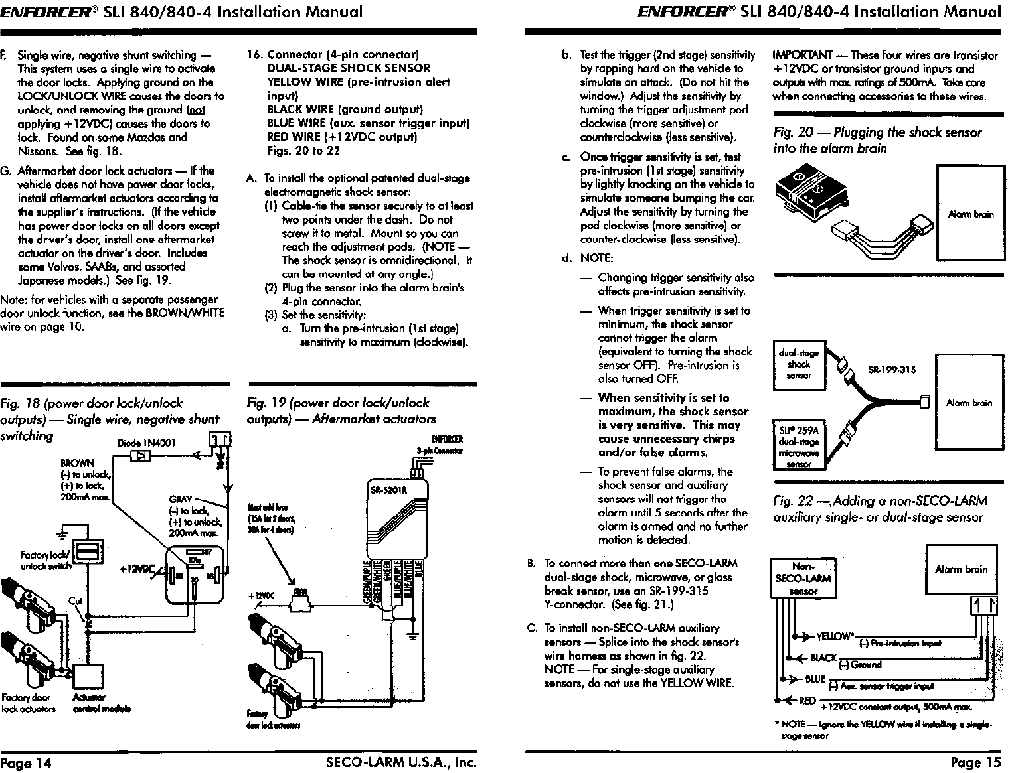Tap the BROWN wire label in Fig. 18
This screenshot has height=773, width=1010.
click(77, 463)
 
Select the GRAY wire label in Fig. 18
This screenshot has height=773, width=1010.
click(181, 499)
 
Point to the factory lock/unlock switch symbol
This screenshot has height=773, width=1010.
click(86, 553)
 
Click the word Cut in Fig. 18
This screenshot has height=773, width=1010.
click(75, 601)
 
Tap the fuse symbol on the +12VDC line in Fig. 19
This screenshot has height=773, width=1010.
click(301, 601)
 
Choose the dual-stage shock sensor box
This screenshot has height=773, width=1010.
click(798, 364)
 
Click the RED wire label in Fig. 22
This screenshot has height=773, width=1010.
click(807, 701)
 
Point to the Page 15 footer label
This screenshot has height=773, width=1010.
click(975, 762)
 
